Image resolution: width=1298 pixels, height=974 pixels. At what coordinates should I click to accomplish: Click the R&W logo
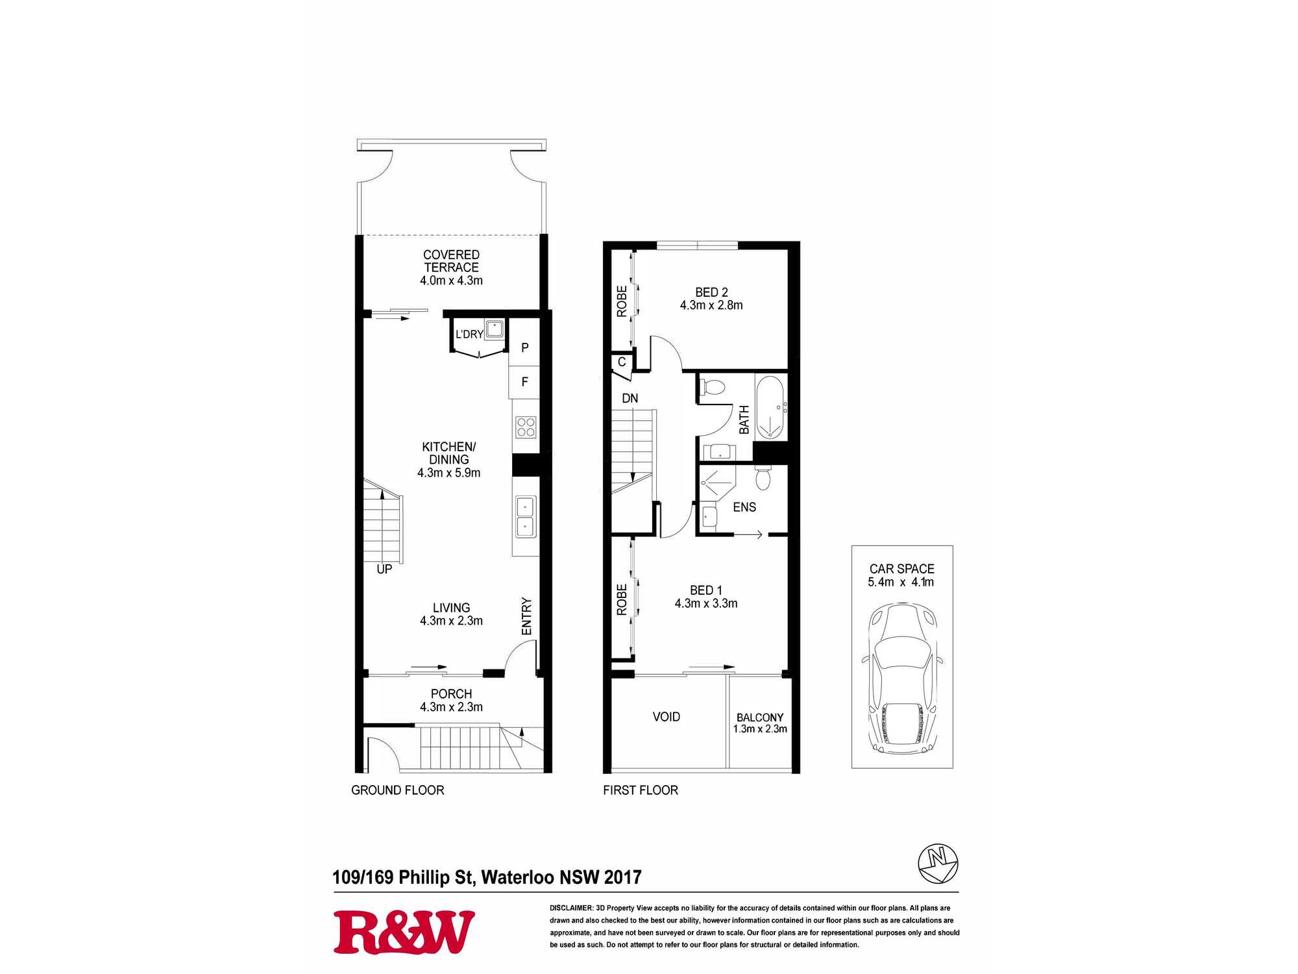coord(404,932)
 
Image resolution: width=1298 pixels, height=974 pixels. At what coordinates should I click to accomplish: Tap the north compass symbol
coord(938,864)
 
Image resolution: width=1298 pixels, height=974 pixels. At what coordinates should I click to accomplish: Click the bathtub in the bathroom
coord(771,407)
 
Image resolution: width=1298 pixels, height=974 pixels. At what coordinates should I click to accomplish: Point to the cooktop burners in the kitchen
coord(526,427)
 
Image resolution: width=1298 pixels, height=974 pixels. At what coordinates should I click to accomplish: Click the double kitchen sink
coord(526,517)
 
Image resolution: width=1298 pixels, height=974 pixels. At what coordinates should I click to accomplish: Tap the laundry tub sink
coord(495,329)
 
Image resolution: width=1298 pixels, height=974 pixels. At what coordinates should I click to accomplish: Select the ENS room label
coord(744,507)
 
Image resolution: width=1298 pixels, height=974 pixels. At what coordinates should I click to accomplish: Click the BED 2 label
coord(711,292)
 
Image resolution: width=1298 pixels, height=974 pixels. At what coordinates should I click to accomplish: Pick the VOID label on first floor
coord(667,717)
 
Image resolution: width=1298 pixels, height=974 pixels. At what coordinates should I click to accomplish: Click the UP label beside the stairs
coord(384,569)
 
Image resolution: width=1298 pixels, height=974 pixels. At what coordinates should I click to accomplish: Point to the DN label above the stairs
coord(630,398)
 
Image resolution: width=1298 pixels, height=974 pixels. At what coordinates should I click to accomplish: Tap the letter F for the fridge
coord(525,382)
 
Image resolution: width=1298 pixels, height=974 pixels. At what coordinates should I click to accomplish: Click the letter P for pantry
coord(525,348)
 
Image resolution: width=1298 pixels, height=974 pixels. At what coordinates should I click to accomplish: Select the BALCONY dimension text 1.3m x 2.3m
coord(760,729)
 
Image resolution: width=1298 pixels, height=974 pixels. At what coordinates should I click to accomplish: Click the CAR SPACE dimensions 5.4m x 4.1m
coord(901,582)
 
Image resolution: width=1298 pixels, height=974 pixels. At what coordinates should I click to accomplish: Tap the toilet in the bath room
coord(712,388)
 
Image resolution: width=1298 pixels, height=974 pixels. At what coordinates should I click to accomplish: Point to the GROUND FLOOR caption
coord(398,790)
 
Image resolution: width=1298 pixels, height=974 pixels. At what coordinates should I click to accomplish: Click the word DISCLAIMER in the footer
coord(571,908)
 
